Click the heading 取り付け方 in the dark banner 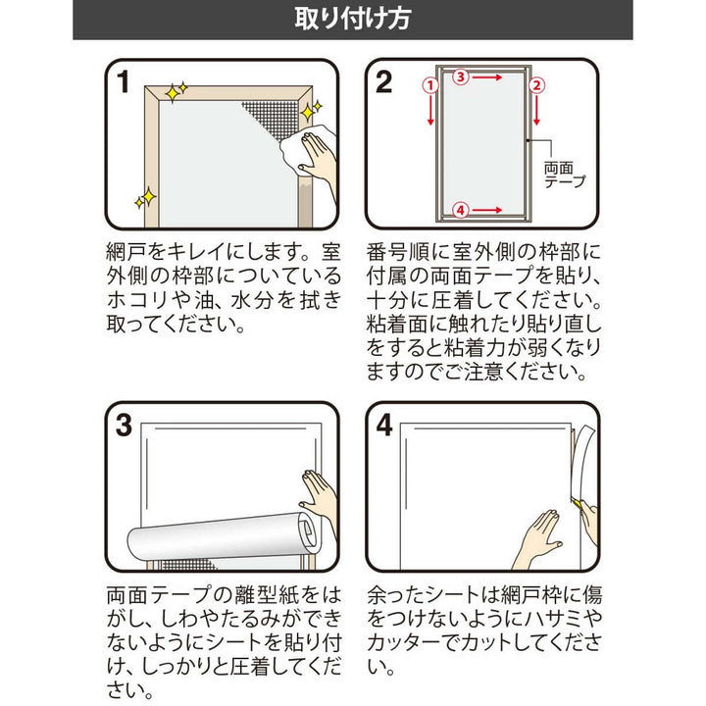352,20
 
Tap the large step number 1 123,83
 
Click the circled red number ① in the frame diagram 429,85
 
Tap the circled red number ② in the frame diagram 536,85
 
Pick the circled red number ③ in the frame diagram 464,75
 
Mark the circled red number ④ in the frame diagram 464,208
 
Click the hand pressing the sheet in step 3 320,490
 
